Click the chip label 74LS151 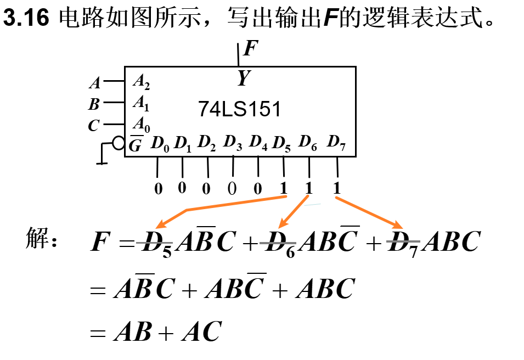pos(239,110)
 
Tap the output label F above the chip pos(250,48)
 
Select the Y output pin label pos(243,78)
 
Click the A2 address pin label pos(141,82)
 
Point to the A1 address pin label pos(141,103)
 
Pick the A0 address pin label pos(141,125)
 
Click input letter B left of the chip pos(94,104)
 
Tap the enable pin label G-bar pos(136,145)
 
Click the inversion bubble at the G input pos(118,144)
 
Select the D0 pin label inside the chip pos(160,145)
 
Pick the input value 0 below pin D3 pos(232,189)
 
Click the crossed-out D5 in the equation pos(157,243)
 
